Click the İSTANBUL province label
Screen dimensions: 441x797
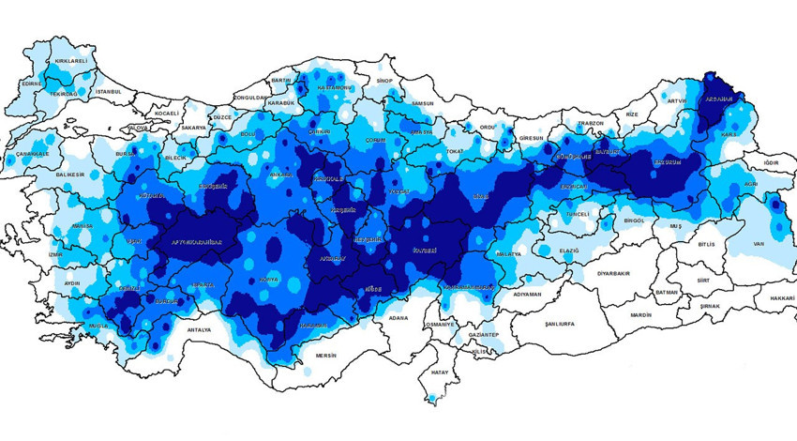click(109, 91)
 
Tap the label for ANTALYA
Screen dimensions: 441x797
click(199, 330)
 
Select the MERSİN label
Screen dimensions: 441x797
click(325, 356)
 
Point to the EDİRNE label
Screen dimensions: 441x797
click(32, 84)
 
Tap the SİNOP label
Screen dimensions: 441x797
click(383, 82)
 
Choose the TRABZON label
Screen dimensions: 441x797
click(591, 122)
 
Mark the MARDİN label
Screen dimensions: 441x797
click(641, 315)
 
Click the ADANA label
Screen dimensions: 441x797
click(400, 318)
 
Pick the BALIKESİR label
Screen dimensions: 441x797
click(70, 175)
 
